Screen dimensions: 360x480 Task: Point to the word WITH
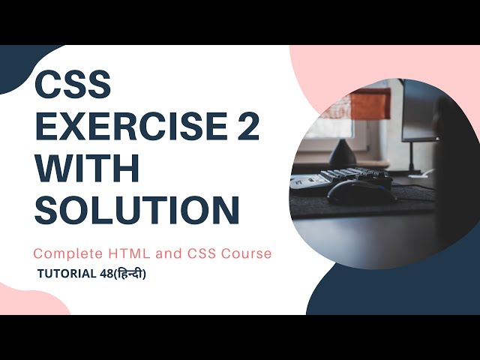88,169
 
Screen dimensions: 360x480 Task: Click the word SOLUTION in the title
137,211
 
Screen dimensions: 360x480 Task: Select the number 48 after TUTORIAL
106,274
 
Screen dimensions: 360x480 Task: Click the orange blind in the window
369,102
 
